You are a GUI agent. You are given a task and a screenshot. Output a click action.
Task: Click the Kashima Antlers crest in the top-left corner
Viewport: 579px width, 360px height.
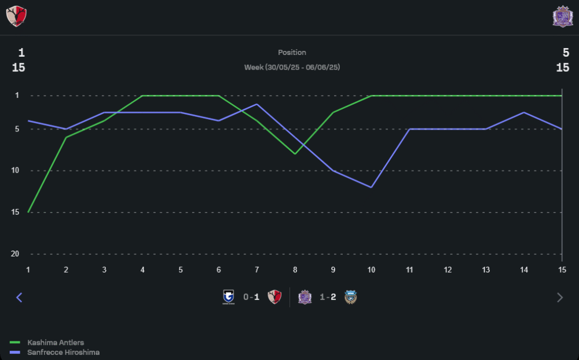click(16, 16)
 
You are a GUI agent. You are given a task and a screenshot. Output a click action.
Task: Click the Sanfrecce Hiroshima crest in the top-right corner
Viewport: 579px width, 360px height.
click(562, 16)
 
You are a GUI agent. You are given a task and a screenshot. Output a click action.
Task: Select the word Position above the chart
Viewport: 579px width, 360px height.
click(292, 53)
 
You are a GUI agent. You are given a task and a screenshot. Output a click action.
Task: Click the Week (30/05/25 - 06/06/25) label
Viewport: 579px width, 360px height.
click(292, 67)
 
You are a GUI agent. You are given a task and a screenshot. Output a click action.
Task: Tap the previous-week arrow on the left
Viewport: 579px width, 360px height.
click(19, 297)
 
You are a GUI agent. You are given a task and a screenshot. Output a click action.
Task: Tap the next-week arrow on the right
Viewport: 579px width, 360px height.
click(559, 297)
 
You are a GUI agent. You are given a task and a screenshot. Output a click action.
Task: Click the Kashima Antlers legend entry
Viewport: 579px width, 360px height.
click(55, 343)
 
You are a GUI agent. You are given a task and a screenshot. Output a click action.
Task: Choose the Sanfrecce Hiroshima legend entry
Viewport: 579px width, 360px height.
click(63, 352)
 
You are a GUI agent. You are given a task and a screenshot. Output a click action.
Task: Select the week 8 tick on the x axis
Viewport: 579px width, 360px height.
click(295, 270)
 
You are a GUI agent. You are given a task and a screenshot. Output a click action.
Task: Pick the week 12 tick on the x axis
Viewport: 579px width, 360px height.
click(448, 270)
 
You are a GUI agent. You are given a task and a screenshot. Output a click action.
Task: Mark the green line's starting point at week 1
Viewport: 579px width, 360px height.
click(28, 212)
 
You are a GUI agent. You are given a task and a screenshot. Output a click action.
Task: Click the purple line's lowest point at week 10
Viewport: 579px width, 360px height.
click(371, 187)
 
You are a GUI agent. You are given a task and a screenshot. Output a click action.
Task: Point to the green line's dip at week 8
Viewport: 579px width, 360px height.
click(295, 154)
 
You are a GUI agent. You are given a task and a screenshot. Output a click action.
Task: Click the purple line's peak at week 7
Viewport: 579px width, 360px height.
click(256, 104)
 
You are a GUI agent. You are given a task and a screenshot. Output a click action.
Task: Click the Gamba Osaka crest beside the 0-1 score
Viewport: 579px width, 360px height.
click(229, 297)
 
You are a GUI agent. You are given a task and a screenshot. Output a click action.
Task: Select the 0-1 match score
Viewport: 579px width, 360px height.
click(251, 297)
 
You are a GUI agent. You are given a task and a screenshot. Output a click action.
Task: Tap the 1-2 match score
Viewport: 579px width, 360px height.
click(328, 297)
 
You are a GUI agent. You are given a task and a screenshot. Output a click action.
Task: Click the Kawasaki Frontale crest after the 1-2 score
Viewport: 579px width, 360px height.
click(350, 297)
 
